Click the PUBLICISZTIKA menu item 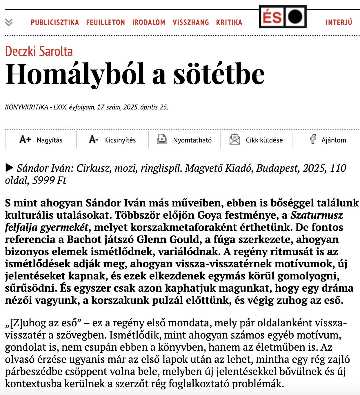55,22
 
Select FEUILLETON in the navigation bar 106,22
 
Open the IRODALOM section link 149,22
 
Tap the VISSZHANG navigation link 191,22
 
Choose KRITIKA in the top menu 229,22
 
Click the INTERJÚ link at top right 339,22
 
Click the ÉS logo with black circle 283,17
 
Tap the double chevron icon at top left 9,22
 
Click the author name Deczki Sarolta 39,51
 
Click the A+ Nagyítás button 41,140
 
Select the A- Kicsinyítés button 112,140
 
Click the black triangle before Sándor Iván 9,168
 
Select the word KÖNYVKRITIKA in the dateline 27,107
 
